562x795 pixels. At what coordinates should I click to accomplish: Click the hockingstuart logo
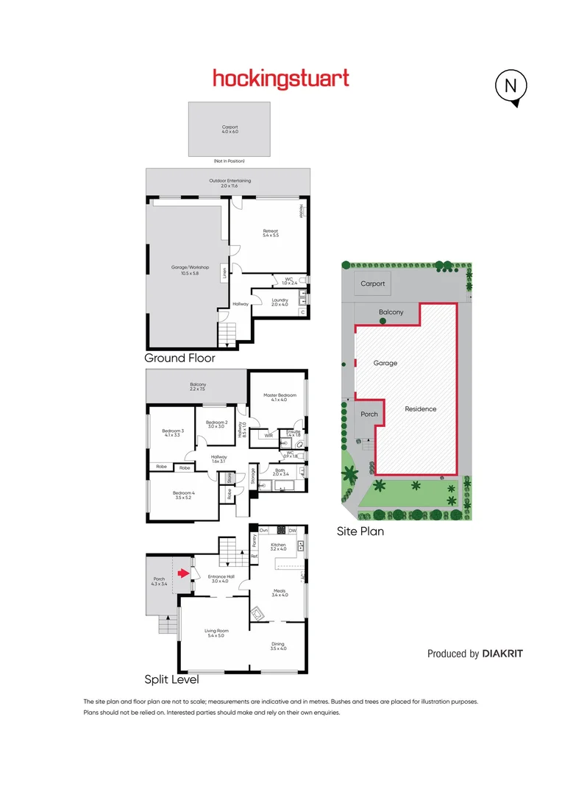(281, 79)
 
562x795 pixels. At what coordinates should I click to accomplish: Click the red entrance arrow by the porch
(185, 571)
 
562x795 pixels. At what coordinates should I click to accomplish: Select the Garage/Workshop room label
(191, 269)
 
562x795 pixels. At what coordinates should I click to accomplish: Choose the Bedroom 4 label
(184, 495)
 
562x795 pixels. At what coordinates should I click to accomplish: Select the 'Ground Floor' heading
(180, 358)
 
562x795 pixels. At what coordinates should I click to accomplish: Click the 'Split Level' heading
(171, 680)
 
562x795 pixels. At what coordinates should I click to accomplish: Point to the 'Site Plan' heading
(360, 531)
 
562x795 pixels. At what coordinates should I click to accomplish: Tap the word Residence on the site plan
(420, 409)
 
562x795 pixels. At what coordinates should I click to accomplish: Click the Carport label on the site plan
(372, 283)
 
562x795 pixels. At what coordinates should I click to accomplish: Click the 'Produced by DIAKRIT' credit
(475, 654)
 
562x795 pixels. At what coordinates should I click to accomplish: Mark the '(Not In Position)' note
(229, 161)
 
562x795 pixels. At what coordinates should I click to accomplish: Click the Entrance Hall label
(221, 579)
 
